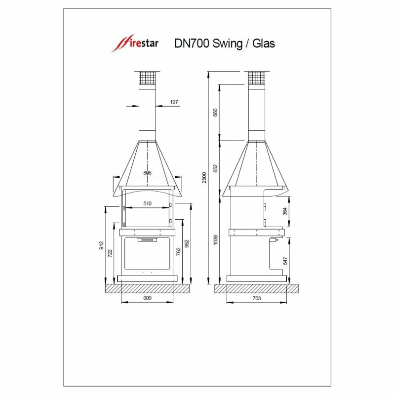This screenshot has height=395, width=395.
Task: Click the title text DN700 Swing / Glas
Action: (225, 43)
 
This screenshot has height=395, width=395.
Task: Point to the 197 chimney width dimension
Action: (173, 102)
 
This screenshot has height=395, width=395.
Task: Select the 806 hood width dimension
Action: (147, 173)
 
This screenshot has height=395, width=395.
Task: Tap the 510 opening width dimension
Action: (147, 203)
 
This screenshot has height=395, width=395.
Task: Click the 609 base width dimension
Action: (147, 298)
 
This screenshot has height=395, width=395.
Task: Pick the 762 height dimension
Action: (179, 251)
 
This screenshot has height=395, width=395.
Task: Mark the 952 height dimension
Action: (187, 243)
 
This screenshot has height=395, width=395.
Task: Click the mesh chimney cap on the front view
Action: (147, 79)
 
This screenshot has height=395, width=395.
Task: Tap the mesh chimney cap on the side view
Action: (256, 79)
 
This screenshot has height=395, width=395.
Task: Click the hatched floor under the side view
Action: (257, 287)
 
